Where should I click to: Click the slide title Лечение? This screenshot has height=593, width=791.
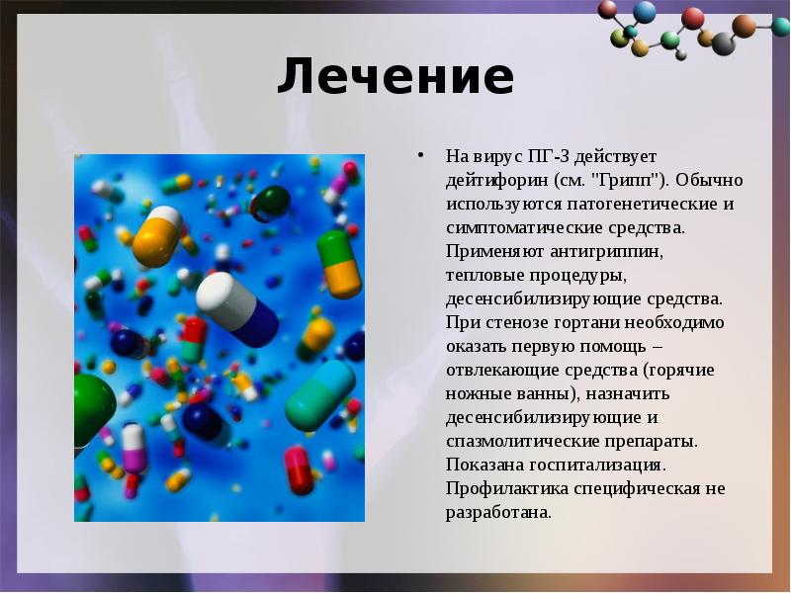(395, 76)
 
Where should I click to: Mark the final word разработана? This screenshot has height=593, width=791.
(498, 513)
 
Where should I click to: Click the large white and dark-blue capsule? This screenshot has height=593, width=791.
(237, 308)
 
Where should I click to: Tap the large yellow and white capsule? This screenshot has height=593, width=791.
(157, 235)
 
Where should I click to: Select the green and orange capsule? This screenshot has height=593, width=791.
(339, 264)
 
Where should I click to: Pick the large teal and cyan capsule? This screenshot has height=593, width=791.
(319, 395)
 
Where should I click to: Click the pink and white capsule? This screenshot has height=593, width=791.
(133, 448)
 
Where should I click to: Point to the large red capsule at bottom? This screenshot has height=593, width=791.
(300, 470)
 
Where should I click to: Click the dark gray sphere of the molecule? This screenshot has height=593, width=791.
(723, 43)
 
